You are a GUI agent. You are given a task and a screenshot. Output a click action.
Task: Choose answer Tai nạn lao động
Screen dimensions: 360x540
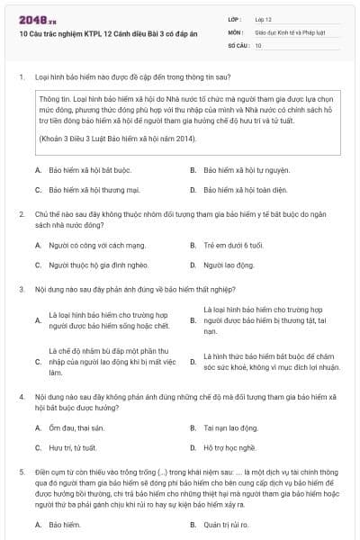(x=231, y=427)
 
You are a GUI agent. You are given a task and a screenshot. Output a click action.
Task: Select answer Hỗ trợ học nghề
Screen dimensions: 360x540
(x=229, y=447)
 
